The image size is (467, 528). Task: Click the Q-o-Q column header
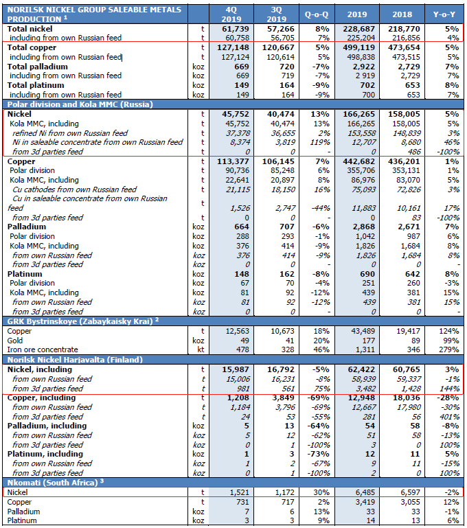click(x=316, y=14)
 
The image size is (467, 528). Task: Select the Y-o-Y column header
click(x=444, y=14)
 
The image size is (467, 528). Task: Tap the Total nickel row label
click(x=30, y=29)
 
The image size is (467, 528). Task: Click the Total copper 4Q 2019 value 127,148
click(x=233, y=47)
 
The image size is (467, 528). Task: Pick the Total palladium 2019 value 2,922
click(x=363, y=67)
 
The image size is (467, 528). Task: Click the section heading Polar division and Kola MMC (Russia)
click(x=80, y=104)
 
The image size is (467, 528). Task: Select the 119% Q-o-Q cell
click(x=320, y=142)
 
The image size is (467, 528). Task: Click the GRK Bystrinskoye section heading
click(x=80, y=321)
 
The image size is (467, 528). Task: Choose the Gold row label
click(x=15, y=341)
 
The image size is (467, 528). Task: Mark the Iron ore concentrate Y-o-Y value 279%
click(x=449, y=349)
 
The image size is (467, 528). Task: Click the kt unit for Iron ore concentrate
click(x=201, y=349)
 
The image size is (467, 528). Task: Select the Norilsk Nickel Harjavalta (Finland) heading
click(x=75, y=360)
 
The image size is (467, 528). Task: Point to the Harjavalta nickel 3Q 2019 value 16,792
click(x=281, y=369)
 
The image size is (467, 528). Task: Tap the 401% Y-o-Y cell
click(x=450, y=417)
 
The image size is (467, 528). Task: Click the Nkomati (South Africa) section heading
click(x=52, y=483)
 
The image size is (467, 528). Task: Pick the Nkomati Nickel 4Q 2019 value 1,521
click(x=240, y=492)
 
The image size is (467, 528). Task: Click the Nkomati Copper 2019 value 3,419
click(x=365, y=502)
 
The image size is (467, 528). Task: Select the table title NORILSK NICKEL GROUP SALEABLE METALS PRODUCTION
click(x=94, y=14)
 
